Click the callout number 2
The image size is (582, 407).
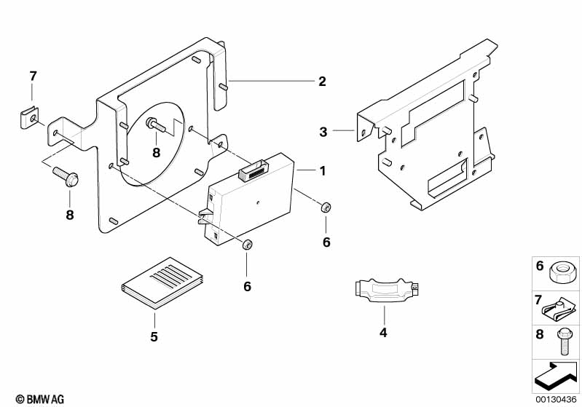[x=322, y=82]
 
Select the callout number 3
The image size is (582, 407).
[x=323, y=132]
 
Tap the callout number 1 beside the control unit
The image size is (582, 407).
[x=323, y=170]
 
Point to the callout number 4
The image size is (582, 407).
[x=383, y=333]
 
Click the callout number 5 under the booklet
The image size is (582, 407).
[x=154, y=336]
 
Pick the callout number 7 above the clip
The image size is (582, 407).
[x=33, y=76]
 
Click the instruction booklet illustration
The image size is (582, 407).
[x=162, y=282]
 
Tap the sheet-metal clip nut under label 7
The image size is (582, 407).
[x=29, y=118]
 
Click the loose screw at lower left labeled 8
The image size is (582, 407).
[x=66, y=177]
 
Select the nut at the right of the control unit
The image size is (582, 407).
[x=326, y=208]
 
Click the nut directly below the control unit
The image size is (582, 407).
[x=247, y=245]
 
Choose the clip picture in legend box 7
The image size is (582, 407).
[x=560, y=309]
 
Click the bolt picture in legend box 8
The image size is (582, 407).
[x=563, y=342]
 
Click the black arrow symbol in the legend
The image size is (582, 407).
[x=556, y=376]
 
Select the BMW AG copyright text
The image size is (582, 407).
[x=40, y=399]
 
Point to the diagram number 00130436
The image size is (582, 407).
[x=556, y=400]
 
